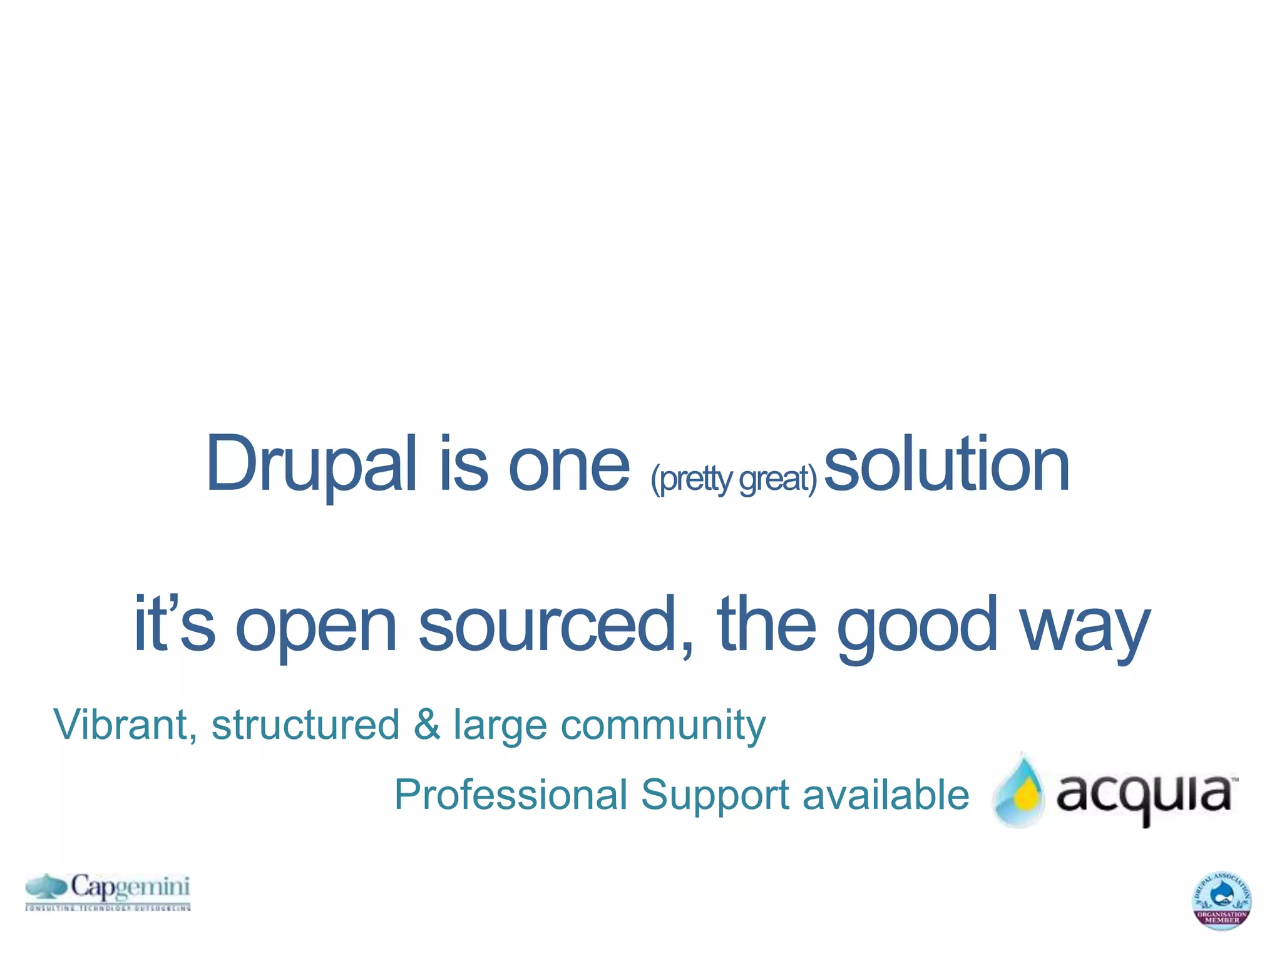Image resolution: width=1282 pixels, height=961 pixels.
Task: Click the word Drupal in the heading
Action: pyautogui.click(x=310, y=464)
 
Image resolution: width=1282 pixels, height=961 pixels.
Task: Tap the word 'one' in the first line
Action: pyautogui.click(x=568, y=465)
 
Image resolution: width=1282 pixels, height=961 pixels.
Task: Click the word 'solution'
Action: pyautogui.click(x=946, y=464)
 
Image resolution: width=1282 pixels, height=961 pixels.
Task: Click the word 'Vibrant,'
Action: pyautogui.click(x=125, y=725)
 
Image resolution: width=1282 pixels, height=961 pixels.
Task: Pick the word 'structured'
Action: pyautogui.click(x=305, y=725)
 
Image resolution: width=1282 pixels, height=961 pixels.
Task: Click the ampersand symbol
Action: pyautogui.click(x=426, y=725)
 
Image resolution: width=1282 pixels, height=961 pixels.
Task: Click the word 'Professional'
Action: pyautogui.click(x=511, y=795)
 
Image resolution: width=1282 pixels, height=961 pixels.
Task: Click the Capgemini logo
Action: pyautogui.click(x=108, y=891)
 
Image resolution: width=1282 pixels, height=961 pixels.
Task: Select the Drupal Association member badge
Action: pyautogui.click(x=1221, y=900)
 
